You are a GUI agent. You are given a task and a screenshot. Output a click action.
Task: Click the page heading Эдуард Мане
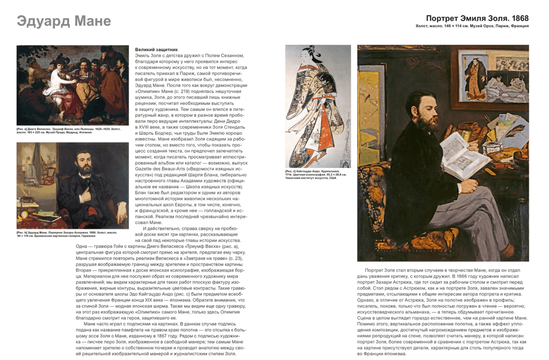[64, 21]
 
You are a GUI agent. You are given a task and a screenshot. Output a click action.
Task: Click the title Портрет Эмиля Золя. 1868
[477, 18]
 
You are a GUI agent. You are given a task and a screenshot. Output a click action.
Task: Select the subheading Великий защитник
[156, 50]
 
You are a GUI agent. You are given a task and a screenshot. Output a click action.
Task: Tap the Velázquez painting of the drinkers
[73, 85]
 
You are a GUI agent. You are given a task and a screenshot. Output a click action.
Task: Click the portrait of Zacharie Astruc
[73, 185]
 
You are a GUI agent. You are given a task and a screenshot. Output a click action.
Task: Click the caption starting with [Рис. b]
[68, 234]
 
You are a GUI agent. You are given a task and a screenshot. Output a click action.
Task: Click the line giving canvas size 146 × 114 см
[472, 26]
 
